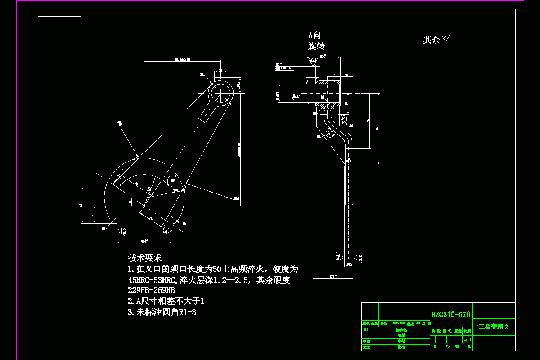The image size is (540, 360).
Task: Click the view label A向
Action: [314, 36]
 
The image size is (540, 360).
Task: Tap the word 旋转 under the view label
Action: [316, 46]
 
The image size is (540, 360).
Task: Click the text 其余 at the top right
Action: [432, 40]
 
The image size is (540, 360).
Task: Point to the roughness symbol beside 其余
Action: [447, 39]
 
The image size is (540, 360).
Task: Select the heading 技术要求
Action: [145, 258]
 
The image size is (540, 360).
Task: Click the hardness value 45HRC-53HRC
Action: [152, 280]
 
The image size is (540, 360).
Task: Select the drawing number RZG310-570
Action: [451, 315]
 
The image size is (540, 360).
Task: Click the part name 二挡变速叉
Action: [494, 327]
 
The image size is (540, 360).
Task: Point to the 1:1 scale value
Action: [468, 339]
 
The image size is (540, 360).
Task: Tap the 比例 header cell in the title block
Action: [468, 331]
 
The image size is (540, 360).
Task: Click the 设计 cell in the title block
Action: [366, 330]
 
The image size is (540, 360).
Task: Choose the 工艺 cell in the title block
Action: [366, 347]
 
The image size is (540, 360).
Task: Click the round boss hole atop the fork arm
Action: [221, 93]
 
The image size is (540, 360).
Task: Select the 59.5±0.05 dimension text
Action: [182, 59]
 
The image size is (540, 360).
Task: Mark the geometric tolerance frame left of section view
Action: [283, 68]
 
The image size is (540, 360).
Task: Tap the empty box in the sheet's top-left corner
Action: [59, 13]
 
